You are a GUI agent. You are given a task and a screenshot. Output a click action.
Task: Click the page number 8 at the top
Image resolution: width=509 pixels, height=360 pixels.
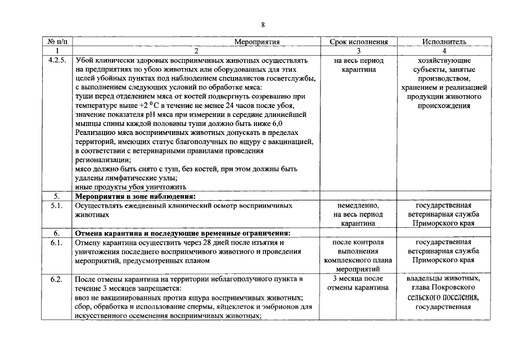263,24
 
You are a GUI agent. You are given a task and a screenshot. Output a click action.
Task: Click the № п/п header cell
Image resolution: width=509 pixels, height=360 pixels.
57,42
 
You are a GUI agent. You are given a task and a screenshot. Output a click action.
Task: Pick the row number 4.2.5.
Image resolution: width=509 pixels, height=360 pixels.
57,60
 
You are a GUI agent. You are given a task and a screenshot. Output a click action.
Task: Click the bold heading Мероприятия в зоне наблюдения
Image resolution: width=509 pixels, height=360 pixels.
136,196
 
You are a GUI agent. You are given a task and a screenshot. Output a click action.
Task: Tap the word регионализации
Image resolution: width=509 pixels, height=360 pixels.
102,160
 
